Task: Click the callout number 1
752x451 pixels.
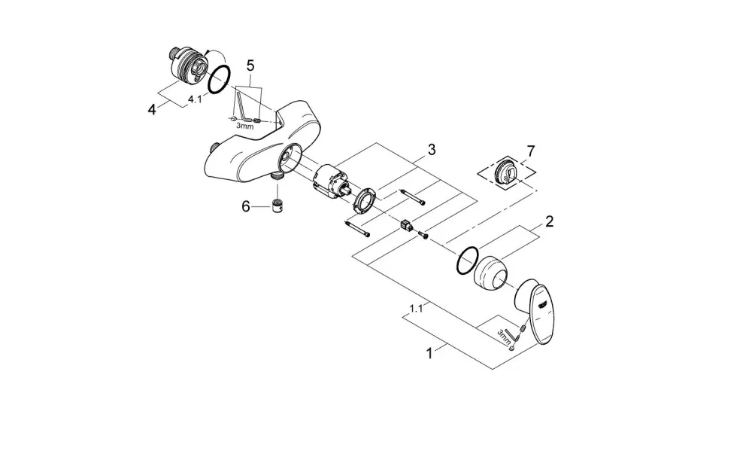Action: coord(429,354)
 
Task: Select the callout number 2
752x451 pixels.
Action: coord(549,221)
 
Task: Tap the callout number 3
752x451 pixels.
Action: coord(432,150)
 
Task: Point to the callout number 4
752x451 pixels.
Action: coord(152,109)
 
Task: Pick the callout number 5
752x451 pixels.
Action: coord(250,66)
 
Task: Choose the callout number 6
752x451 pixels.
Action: coord(246,207)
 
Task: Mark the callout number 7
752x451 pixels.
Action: coord(530,151)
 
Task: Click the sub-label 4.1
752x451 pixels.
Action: coord(194,99)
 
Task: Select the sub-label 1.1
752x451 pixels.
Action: coord(416,309)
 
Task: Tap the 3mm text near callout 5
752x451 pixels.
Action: coord(244,126)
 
